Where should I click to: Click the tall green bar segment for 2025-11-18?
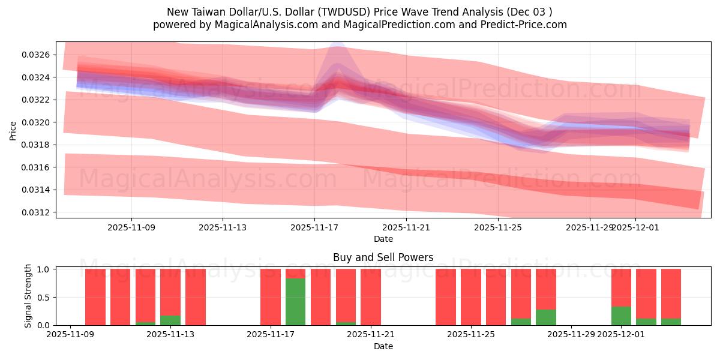(295, 301)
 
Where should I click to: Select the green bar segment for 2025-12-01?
(621, 316)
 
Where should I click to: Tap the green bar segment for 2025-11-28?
(546, 317)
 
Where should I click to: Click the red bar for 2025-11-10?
(95, 297)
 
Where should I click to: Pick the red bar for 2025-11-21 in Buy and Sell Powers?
(371, 297)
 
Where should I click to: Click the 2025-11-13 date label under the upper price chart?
(223, 227)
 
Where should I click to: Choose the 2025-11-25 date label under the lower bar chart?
(470, 335)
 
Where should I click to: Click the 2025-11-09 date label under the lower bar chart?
(71, 335)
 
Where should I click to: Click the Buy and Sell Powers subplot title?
(383, 257)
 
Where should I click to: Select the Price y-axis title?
(13, 130)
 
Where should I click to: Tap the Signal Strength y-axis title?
(28, 296)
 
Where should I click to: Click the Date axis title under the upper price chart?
(383, 239)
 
